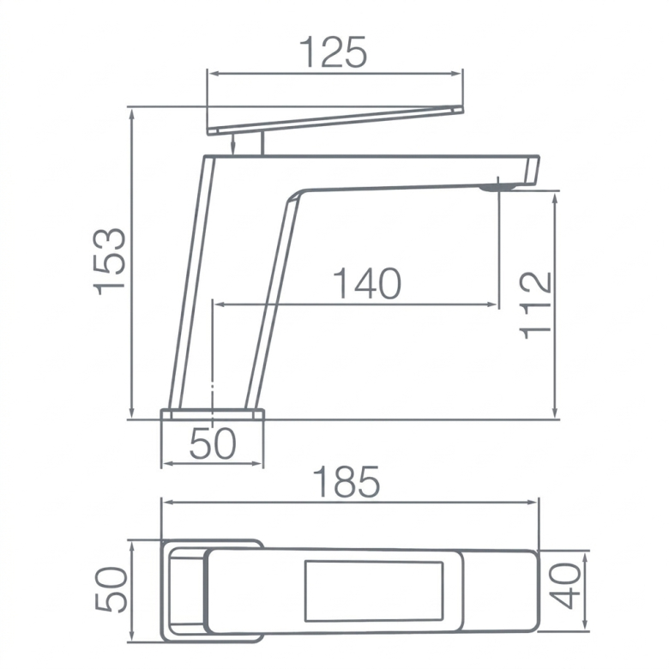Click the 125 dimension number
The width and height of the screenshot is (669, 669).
[333, 51]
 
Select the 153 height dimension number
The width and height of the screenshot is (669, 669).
[110, 262]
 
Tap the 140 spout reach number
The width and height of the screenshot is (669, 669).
[367, 283]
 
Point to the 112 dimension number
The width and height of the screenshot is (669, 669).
[535, 305]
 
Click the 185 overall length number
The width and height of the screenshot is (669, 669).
[346, 481]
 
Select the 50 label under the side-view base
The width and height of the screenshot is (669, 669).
[213, 443]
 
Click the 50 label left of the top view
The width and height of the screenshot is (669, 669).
[111, 589]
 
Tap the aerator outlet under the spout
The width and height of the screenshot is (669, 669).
[497, 187]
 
